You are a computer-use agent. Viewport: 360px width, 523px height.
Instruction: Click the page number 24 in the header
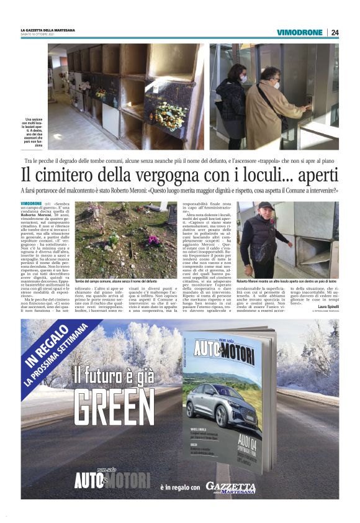click(335, 32)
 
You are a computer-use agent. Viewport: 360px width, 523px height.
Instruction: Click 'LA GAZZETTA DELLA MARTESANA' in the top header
click(48, 30)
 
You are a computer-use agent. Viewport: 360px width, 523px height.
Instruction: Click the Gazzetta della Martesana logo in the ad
click(230, 487)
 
